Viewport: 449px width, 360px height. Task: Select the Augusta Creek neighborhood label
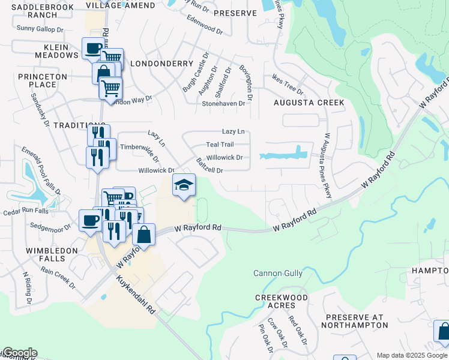point(309,103)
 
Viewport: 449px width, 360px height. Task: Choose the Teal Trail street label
point(220,145)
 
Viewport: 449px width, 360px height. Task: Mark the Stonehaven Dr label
point(223,103)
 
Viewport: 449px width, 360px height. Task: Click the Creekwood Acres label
point(282,302)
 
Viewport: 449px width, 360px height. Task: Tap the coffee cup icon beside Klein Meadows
point(93,49)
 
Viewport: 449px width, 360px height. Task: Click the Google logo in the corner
point(19,353)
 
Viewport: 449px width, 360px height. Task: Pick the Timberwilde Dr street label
point(140,152)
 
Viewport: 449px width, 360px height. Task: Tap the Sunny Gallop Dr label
point(40,28)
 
